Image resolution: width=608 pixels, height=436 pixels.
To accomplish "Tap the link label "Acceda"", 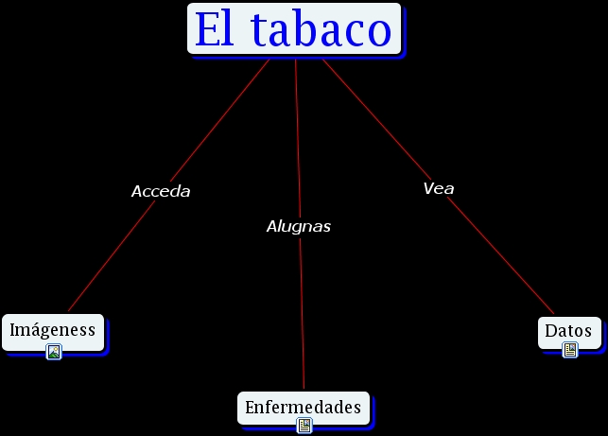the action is click(161, 191).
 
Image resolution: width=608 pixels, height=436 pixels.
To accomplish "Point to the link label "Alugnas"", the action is click(299, 227).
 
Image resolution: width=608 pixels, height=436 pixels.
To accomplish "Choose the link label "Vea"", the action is click(439, 188).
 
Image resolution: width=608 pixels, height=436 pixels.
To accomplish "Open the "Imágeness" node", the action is click(53, 330).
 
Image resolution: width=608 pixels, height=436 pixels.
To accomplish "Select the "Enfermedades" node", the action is click(303, 408).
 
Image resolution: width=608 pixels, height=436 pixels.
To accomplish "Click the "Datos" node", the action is click(569, 331).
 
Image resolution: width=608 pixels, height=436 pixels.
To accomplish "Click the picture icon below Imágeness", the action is click(54, 352).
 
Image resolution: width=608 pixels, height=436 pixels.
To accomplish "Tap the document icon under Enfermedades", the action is click(304, 426).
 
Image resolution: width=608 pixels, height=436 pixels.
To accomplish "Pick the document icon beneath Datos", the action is click(569, 350).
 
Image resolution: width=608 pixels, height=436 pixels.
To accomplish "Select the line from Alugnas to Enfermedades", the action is click(302, 312).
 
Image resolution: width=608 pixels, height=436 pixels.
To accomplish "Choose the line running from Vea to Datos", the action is click(501, 255).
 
